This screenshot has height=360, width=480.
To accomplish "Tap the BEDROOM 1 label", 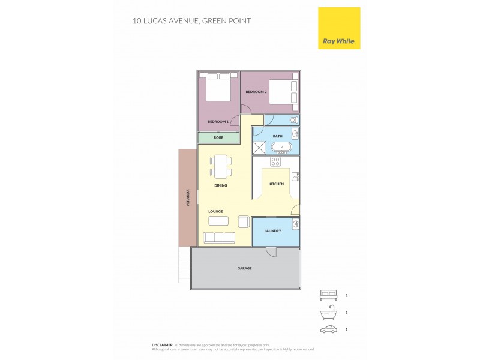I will point(218,122).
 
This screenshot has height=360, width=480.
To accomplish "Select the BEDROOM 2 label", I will point(256,92).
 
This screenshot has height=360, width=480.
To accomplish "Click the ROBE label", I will point(218,137).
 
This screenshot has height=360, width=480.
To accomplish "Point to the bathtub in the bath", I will point(281,146).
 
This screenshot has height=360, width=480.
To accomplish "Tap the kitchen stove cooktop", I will point(276,161).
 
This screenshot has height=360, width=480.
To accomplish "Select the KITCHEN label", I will point(276,184).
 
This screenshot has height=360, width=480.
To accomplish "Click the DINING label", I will point(221,186).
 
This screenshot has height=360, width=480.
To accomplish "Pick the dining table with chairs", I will point(221,166).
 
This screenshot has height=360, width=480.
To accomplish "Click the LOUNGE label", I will point(215,211).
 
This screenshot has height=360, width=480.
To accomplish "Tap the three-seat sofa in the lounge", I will point(219,238).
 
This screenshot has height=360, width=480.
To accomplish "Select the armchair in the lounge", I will point(244,222).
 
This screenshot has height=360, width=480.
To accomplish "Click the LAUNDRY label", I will point(273,230).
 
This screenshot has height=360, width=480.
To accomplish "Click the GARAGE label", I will point(244,268).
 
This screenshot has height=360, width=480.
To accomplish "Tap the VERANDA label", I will point(188,198).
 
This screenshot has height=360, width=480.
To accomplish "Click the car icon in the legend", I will point(328,329).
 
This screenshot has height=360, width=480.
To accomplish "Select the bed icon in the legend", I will point(328,295).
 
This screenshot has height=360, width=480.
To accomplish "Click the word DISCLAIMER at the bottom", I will point(163,345).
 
